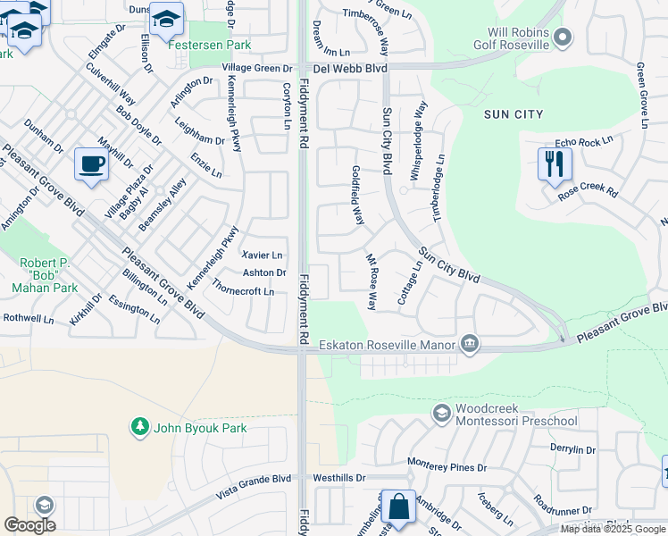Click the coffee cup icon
[x=92, y=164]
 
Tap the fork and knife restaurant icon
[x=555, y=164]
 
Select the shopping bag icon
[x=397, y=507]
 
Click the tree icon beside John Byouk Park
[x=139, y=428]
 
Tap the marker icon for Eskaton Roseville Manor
[x=470, y=344]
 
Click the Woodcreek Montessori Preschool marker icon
[x=441, y=412]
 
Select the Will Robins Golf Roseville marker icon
[x=563, y=37]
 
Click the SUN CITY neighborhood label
[x=513, y=114]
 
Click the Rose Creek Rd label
[x=588, y=191]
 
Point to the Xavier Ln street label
[x=262, y=255]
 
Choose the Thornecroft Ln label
[x=244, y=291]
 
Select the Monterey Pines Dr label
[x=447, y=466]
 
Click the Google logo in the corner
[x=29, y=524]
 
